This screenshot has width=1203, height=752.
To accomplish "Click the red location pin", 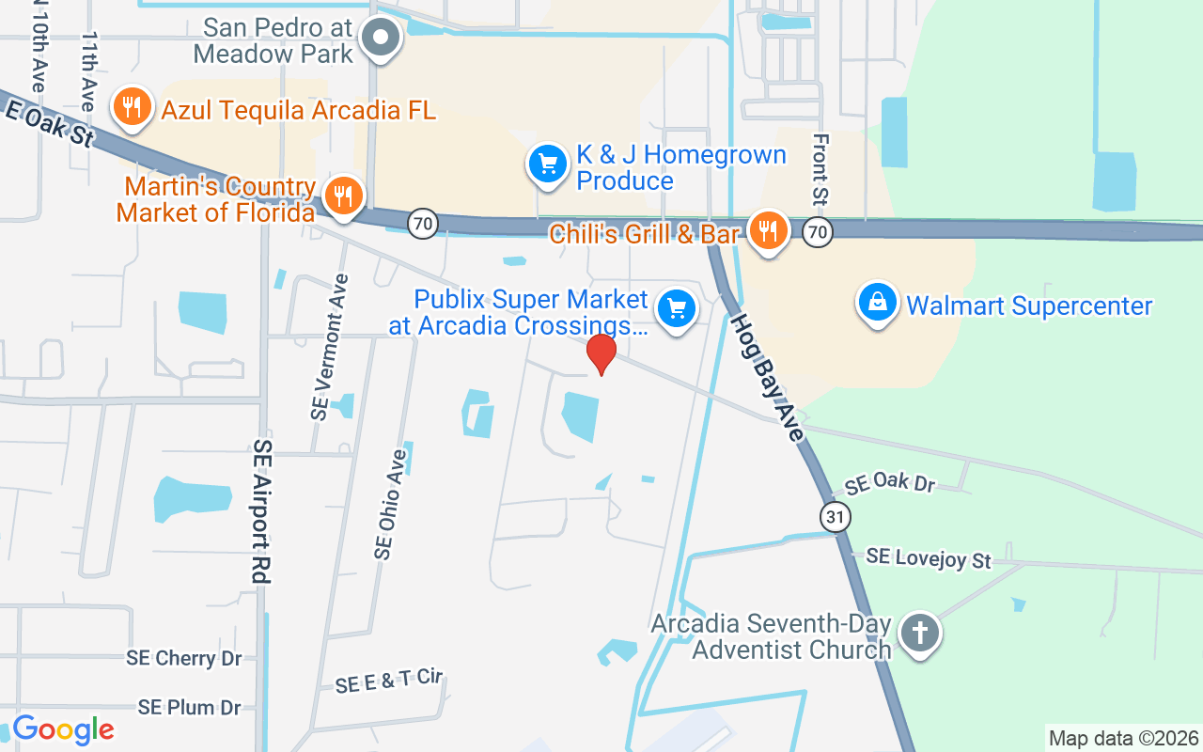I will [x=601, y=353].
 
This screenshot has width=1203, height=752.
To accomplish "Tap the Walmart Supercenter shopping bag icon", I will [x=877, y=304].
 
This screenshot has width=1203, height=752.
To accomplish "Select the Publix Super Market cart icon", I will [x=675, y=308].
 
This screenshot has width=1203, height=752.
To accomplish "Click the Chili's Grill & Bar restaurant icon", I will [x=769, y=230].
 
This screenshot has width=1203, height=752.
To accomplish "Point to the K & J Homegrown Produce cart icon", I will [x=548, y=164].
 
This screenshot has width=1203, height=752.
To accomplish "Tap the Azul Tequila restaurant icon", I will [x=133, y=108].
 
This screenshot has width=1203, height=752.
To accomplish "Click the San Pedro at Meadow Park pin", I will [x=382, y=39].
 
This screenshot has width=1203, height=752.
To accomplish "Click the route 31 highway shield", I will [x=835, y=516].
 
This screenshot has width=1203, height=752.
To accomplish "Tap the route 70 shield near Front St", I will [x=818, y=231].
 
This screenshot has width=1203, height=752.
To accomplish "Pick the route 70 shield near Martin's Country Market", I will [x=424, y=224].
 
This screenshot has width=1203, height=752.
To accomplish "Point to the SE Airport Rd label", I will [x=262, y=511].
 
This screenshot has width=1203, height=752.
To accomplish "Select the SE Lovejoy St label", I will [x=929, y=558].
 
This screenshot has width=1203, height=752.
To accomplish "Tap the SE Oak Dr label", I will [x=890, y=483].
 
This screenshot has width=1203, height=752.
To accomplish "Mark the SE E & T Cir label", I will [x=388, y=681].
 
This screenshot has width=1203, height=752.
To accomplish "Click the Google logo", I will [x=63, y=729].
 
